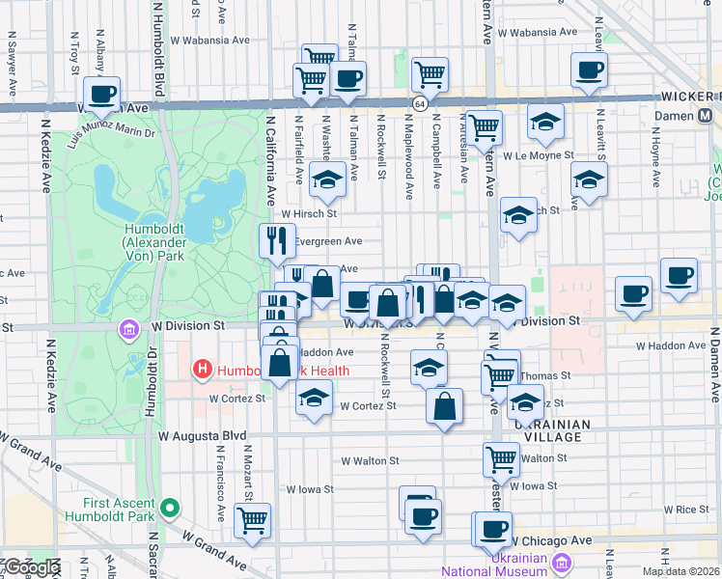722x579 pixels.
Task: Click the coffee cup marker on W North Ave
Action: (x=101, y=95)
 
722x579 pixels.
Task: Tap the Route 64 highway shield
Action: (x=420, y=103)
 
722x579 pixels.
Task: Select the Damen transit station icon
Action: (x=706, y=116)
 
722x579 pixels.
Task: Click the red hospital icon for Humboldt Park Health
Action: (x=203, y=369)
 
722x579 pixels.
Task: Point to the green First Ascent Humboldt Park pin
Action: (x=171, y=507)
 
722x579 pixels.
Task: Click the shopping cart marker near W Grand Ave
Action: (x=252, y=518)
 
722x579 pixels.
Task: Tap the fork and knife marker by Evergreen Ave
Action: (x=278, y=239)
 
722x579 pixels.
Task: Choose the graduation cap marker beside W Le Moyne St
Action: (x=546, y=122)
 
